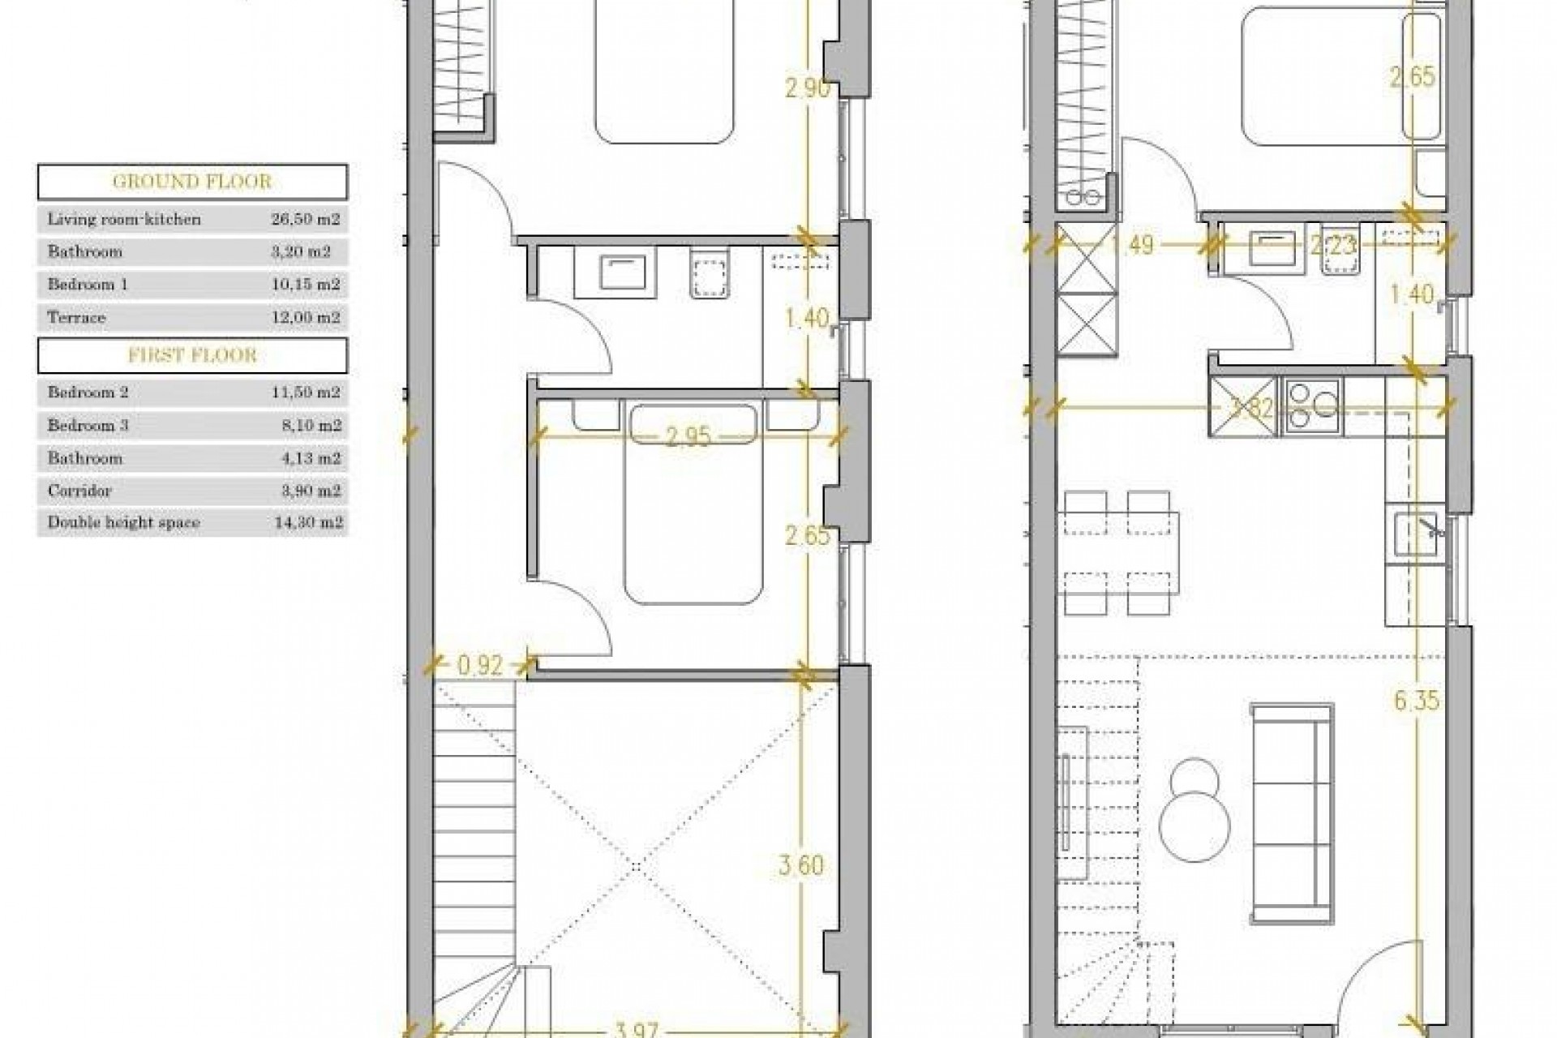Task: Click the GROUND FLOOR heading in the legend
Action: [192, 182]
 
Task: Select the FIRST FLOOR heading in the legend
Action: [192, 355]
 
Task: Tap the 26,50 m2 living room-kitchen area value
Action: [305, 219]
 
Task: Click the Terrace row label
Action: [76, 317]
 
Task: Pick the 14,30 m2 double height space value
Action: [308, 523]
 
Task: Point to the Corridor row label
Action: [79, 491]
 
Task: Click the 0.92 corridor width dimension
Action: [480, 666]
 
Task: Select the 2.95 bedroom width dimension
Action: [688, 437]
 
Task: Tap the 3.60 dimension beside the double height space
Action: [801, 865]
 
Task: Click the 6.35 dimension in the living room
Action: [1417, 700]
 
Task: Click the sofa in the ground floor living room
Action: [1292, 813]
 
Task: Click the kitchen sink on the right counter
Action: [1416, 533]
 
